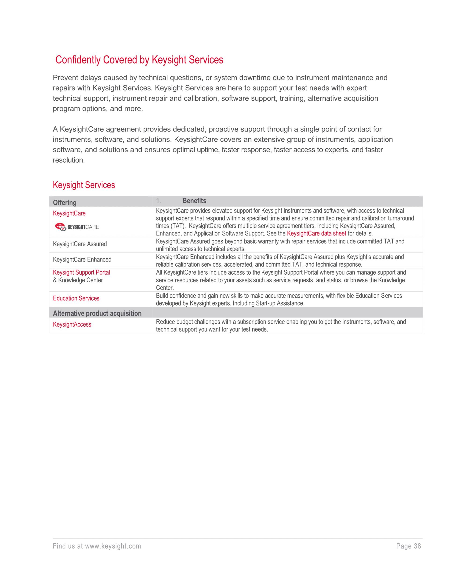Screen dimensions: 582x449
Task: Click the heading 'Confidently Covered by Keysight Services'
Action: (x=139, y=60)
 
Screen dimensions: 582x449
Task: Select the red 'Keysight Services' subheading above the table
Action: (x=84, y=185)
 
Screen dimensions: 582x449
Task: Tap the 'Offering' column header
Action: (x=65, y=202)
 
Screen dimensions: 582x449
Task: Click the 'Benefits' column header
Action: (x=194, y=201)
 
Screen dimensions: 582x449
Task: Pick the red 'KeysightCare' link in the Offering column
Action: (x=69, y=213)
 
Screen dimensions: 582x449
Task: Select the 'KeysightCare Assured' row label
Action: (x=80, y=244)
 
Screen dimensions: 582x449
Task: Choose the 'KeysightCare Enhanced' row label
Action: (x=82, y=260)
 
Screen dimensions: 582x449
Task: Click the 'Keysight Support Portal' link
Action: (x=81, y=272)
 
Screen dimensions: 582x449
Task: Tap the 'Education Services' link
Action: (x=76, y=298)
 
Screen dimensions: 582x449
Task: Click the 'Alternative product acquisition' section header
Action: (x=97, y=313)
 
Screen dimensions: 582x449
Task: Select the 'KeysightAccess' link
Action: (x=72, y=325)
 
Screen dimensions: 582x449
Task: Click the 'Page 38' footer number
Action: (x=408, y=546)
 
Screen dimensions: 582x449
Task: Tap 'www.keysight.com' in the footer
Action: (x=113, y=546)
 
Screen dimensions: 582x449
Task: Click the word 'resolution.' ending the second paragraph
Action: (x=69, y=160)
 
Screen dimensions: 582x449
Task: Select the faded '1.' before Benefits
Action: (x=159, y=201)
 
